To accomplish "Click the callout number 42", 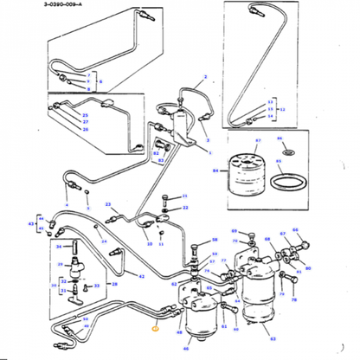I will (141, 275).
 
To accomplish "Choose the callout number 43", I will (33, 225).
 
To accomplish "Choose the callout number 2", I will (204, 77).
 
